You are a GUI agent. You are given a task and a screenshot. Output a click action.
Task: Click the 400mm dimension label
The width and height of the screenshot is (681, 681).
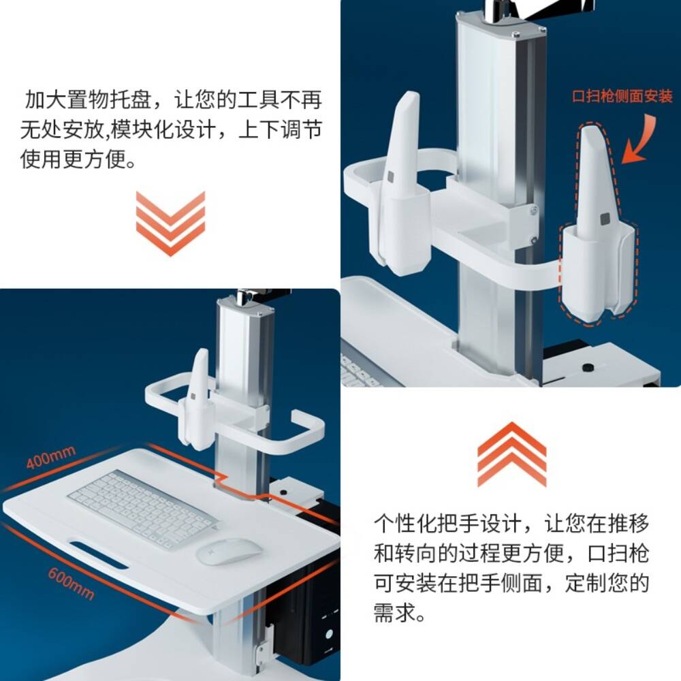click(51, 458)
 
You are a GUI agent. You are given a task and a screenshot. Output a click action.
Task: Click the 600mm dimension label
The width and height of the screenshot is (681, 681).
click(71, 584)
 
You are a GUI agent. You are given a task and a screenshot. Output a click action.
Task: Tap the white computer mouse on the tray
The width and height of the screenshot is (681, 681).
click(229, 552)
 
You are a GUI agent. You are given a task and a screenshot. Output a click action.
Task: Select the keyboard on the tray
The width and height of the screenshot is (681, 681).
click(143, 509)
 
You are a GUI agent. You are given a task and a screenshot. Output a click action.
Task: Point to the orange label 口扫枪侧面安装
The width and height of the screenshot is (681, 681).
click(622, 96)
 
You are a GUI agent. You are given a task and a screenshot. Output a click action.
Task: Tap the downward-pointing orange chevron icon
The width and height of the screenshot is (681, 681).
click(170, 223)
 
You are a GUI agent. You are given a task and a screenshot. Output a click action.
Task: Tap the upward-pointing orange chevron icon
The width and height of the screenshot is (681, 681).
click(511, 455)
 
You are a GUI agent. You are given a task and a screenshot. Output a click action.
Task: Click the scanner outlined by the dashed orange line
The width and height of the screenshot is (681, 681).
click(598, 221)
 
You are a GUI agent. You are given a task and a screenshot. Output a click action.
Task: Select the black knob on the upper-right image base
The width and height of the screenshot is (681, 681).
click(588, 368)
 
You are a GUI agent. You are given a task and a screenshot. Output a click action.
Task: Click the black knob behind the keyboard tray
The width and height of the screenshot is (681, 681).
click(283, 493)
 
